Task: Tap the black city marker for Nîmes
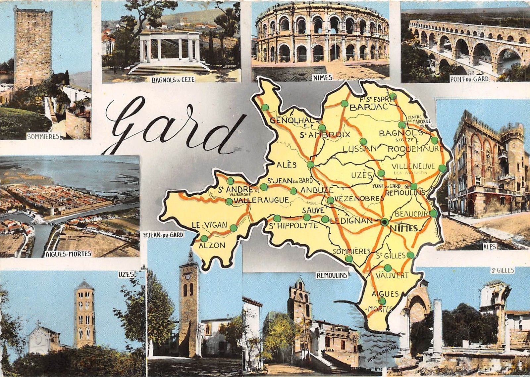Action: [384, 222]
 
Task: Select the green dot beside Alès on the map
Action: [310, 165]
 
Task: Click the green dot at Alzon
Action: [204, 238]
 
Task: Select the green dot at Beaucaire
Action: [433, 213]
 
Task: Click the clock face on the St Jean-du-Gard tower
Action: [187, 276]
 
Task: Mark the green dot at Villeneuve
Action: [442, 168]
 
